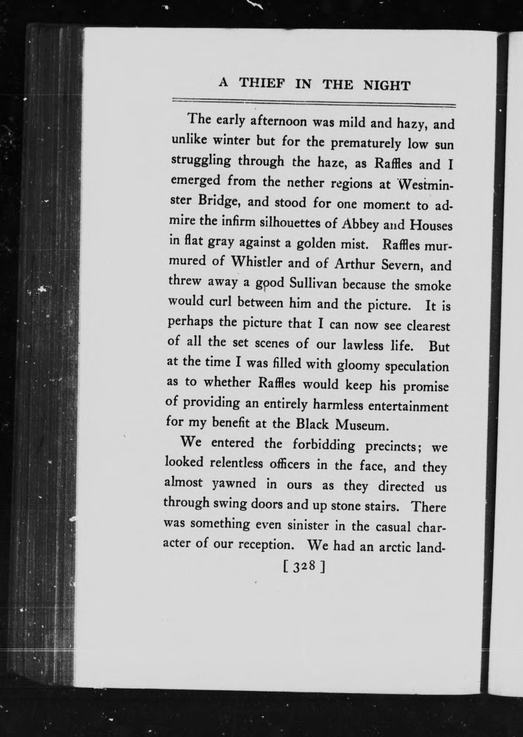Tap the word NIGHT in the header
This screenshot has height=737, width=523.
click(x=386, y=85)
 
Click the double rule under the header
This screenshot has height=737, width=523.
click(x=313, y=102)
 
